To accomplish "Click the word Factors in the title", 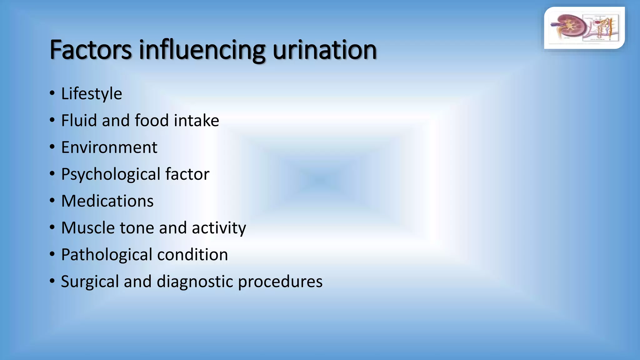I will click(91, 50).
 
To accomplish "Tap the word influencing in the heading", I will click(202, 50).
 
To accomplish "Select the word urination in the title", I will click(325, 50).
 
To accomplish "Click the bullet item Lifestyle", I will click(92, 93).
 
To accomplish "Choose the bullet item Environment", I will click(109, 147).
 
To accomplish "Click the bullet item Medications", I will click(107, 201).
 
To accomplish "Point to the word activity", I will click(219, 228).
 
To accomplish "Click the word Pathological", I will click(107, 255).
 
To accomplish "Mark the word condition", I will click(192, 255).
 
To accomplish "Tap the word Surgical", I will click(90, 282).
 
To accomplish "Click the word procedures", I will click(280, 282).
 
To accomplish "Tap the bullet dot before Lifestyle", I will click(52, 93).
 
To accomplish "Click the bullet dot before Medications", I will click(52, 201).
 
